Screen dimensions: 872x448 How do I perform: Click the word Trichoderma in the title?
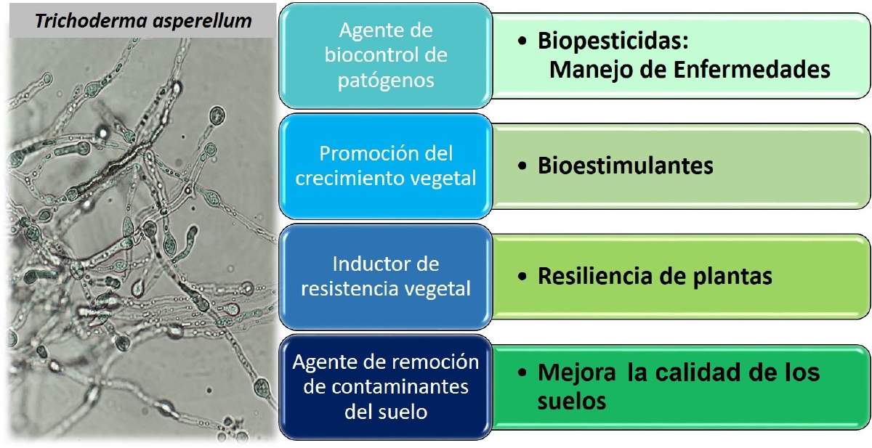pos(91,20)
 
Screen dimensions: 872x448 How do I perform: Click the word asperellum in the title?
pos(203,22)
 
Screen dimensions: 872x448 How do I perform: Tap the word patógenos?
pos(386,81)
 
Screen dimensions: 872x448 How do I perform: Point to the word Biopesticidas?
pos(613,41)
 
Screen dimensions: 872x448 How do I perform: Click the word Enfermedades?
pos(752,70)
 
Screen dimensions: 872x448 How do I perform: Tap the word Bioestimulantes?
pos(626,166)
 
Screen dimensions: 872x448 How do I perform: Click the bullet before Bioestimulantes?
pos(522,166)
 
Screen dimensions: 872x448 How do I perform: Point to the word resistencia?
pos(350,289)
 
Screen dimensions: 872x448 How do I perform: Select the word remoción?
pos(436,362)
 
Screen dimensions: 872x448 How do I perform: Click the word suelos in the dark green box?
pos(571,402)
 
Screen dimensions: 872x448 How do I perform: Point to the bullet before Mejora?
pos(522,372)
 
